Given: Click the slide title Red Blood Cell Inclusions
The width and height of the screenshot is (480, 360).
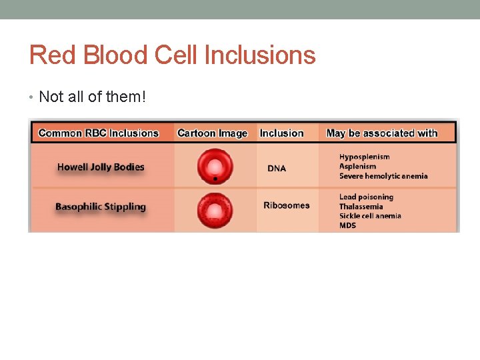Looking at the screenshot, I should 172,55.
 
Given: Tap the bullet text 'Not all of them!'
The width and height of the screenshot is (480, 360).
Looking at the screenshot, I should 91,97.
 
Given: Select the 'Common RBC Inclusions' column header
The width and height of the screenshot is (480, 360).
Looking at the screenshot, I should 99,133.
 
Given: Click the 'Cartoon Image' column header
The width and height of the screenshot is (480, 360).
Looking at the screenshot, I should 212,133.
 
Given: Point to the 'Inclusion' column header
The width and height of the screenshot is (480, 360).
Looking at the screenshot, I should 281,133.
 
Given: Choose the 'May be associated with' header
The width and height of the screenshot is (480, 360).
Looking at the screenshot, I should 382,133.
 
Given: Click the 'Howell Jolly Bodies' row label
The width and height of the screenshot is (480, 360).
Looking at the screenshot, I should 101,167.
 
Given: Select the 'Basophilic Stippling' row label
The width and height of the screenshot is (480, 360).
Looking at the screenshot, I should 100,207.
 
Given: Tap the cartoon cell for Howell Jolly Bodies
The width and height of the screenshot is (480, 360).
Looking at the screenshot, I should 215,166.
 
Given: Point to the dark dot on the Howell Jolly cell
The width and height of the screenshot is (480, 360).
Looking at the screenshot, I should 215,179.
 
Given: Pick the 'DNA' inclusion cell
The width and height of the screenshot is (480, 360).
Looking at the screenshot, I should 277,169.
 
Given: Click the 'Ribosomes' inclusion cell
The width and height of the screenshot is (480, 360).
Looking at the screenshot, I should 287,205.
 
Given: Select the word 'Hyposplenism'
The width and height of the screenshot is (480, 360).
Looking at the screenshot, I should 364,157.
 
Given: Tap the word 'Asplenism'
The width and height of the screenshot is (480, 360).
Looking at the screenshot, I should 357,167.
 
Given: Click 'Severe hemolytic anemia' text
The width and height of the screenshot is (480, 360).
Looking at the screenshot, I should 383,176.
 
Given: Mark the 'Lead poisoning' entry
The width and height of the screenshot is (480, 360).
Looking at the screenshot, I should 366,197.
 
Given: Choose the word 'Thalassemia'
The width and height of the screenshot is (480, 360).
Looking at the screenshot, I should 361,207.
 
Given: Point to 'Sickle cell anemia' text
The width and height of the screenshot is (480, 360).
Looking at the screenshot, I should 370,216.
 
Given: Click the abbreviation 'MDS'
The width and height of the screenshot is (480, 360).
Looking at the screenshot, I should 347,225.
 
